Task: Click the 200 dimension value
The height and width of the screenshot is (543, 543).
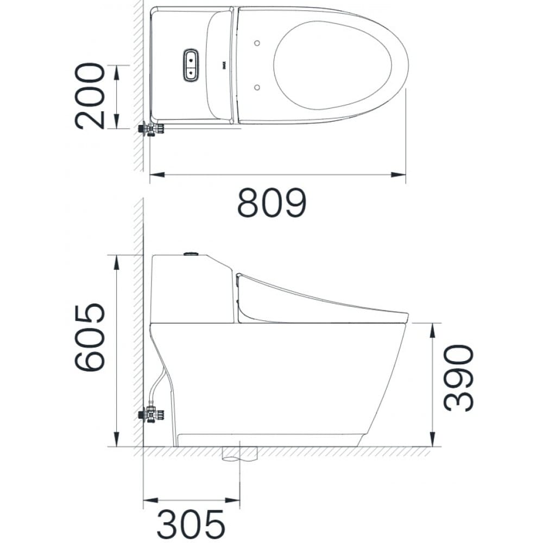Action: [x=90, y=96]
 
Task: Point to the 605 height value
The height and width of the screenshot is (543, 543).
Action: [x=90, y=337]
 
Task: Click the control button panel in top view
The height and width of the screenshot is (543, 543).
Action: [x=191, y=65]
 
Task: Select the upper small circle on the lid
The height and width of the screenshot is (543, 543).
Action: [x=257, y=43]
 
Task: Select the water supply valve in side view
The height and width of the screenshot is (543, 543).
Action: [x=151, y=415]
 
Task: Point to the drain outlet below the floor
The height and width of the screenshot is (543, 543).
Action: [x=238, y=454]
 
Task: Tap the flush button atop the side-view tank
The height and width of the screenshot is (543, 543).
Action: [x=192, y=254]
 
